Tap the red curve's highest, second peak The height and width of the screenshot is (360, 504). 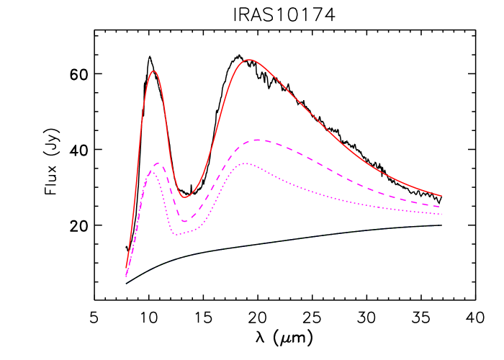(x=249, y=60)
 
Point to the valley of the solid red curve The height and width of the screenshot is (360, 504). (x=184, y=197)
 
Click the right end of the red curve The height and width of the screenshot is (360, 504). (x=441, y=195)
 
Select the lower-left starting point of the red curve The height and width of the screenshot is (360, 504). (x=127, y=268)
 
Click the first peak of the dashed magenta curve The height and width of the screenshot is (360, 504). (x=157, y=163)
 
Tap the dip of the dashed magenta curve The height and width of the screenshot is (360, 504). (x=184, y=221)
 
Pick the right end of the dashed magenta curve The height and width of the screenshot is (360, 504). (x=441, y=207)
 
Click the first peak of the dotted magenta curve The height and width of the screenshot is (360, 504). (x=153, y=171)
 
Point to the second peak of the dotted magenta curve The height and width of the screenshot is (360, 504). (x=245, y=163)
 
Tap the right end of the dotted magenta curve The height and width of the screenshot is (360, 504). (x=441, y=214)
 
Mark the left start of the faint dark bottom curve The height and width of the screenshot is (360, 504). (x=125, y=284)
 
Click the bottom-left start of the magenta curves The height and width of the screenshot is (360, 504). (x=126, y=276)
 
